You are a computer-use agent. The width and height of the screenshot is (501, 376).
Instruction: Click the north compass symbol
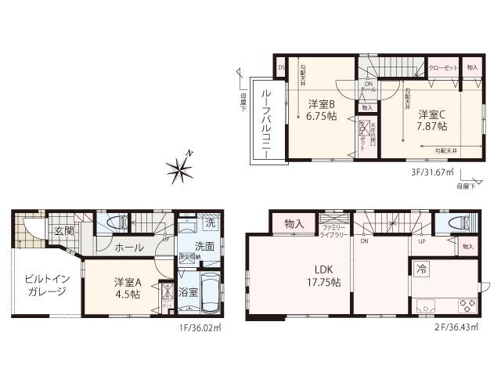click(x=179, y=165)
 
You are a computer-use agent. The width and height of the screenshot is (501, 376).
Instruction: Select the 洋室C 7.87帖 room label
click(x=431, y=119)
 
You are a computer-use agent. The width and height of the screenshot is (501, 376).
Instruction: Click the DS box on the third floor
click(x=281, y=68)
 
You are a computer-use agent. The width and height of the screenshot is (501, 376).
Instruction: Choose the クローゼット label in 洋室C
click(x=442, y=68)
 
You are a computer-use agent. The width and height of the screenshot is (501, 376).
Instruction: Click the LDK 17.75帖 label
click(x=323, y=277)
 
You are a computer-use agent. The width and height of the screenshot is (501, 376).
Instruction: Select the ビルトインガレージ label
click(x=41, y=285)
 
